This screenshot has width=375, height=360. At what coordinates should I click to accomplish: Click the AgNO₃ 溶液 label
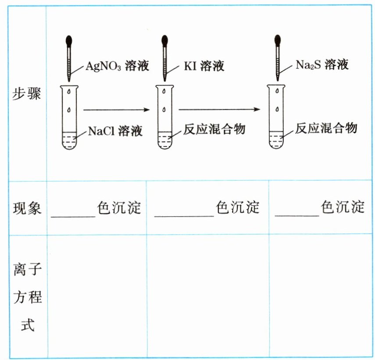(117, 66)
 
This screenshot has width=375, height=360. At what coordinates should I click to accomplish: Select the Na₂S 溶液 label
(322, 65)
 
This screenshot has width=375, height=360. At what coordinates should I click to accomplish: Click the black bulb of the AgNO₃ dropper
(70, 41)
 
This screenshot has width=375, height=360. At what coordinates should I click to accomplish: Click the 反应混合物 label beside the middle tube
(214, 129)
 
